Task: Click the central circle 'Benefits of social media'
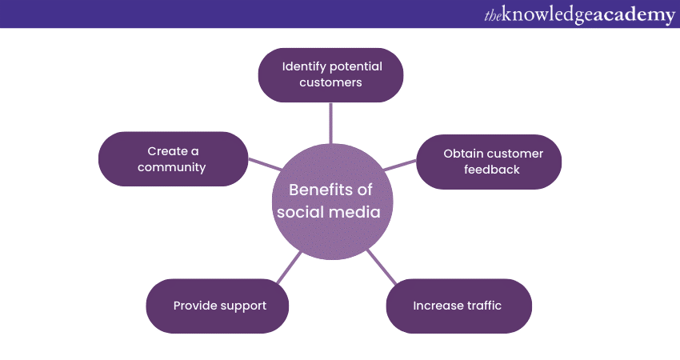point(332,202)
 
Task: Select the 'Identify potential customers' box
point(331,75)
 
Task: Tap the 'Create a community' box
point(174,159)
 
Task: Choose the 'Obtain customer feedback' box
point(489,162)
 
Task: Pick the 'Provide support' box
point(218,306)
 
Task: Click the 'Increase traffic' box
point(459,306)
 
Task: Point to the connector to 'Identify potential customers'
point(331,123)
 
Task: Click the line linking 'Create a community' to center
point(265,164)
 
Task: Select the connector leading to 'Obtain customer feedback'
point(400,166)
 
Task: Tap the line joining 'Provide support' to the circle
point(289,267)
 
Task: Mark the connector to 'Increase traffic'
point(382,267)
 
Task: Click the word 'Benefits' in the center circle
point(316,190)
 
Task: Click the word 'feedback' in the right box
point(492,170)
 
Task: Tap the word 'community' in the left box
point(172,167)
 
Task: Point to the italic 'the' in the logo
point(493,16)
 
